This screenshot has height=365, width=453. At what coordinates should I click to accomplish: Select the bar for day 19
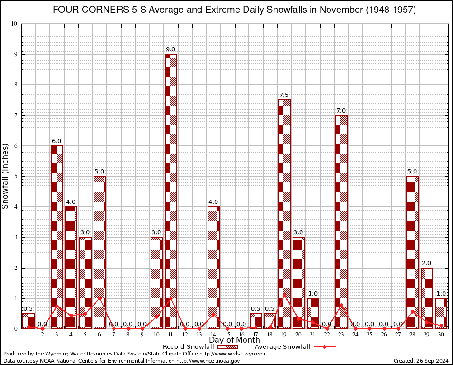coord(284,214)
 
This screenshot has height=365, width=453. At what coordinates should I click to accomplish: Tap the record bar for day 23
coord(341,221)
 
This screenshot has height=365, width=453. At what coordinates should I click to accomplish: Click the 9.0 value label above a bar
coord(170,49)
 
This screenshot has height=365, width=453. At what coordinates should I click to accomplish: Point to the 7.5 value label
coord(284,95)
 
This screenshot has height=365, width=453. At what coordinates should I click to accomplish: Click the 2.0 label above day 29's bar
coord(426,263)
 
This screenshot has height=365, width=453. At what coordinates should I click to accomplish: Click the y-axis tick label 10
coord(15,24)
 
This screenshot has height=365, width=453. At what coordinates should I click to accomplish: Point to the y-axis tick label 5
coord(16,176)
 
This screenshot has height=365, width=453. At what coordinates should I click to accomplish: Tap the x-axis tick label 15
coord(227,335)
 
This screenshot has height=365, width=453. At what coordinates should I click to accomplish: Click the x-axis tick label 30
coord(441,335)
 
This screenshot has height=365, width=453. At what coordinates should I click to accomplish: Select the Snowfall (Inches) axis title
coord(6,176)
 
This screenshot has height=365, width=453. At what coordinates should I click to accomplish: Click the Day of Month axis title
coord(235,340)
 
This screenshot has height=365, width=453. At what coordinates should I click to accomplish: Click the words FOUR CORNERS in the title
coord(90,10)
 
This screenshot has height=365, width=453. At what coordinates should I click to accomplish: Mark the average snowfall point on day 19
coord(284,295)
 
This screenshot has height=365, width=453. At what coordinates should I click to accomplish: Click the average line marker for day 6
coord(100,298)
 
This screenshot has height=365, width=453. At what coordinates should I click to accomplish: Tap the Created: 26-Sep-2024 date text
coord(421,361)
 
